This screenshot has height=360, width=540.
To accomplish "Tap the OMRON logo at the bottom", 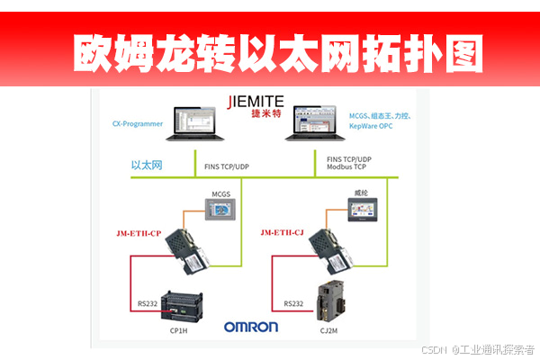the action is click(251, 328).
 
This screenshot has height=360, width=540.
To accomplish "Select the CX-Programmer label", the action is click(138, 123).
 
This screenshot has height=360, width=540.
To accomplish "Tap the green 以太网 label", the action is click(146, 164).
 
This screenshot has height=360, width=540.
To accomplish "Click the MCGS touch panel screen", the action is click(221, 212).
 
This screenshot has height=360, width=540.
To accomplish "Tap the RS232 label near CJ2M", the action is click(293, 303).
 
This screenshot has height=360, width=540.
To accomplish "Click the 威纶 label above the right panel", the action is click(362, 193).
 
